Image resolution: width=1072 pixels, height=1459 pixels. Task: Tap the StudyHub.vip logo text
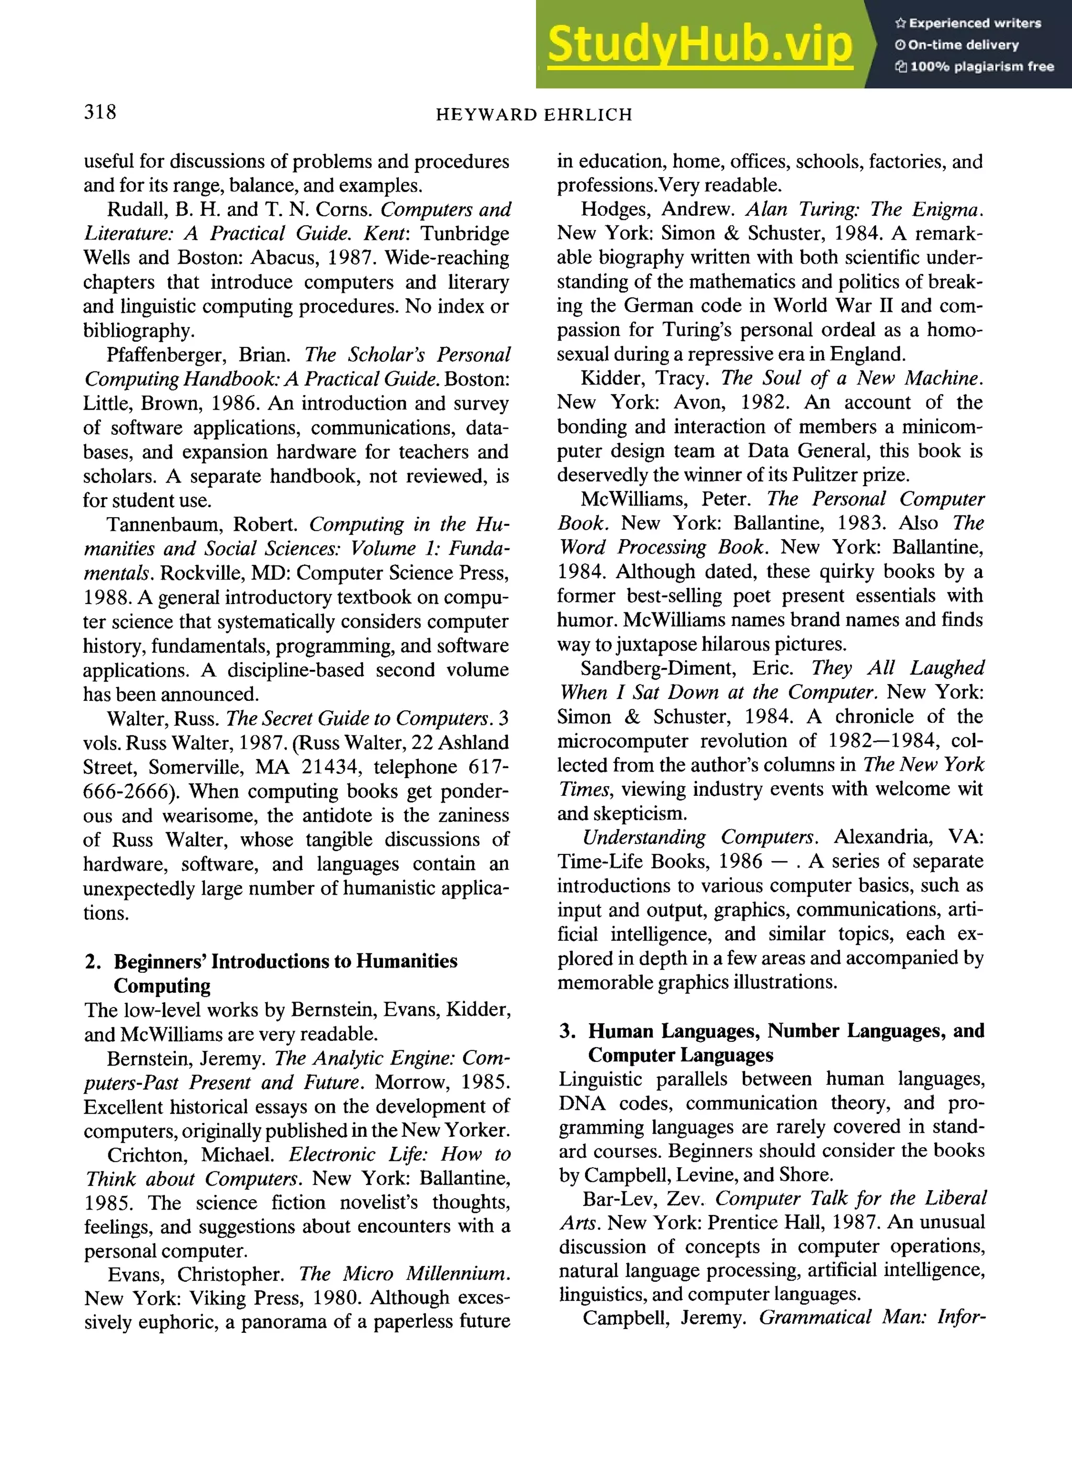[x=699, y=44]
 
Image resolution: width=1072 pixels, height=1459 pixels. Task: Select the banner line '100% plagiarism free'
[x=974, y=66]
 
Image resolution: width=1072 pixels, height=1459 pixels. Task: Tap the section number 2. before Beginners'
[x=92, y=961]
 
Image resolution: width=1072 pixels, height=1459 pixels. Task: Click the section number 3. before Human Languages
[x=566, y=1031]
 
